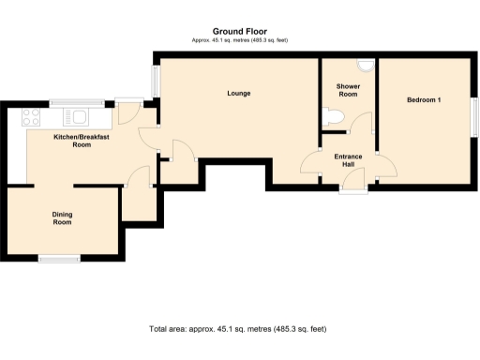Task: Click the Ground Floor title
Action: click(239, 31)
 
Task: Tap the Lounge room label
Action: click(238, 94)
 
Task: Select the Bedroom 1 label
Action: click(423, 99)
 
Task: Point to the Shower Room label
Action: click(348, 90)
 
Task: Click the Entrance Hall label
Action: click(348, 161)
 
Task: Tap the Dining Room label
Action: click(62, 218)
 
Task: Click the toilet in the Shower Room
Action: click(332, 116)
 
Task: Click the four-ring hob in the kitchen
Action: click(30, 117)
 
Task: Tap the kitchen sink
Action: click(76, 117)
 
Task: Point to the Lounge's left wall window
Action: click(156, 81)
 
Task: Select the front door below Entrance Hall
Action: click(353, 190)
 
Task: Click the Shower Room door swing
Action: click(362, 122)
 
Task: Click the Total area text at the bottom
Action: click(237, 329)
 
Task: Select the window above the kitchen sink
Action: click(76, 102)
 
